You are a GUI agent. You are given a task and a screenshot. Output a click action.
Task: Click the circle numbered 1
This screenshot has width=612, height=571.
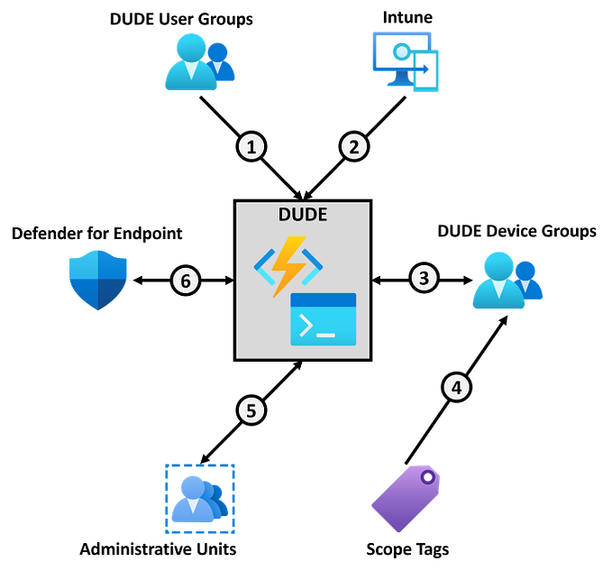pyautogui.click(x=251, y=146)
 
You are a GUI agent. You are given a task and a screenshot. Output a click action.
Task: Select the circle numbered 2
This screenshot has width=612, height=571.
pyautogui.click(x=353, y=146)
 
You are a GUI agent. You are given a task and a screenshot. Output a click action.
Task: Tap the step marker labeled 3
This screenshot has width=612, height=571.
pyautogui.click(x=424, y=278)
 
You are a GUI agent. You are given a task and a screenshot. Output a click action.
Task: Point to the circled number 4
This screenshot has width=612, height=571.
pyautogui.click(x=457, y=388)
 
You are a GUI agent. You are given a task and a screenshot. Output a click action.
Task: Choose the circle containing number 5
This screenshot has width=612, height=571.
pyautogui.click(x=251, y=411)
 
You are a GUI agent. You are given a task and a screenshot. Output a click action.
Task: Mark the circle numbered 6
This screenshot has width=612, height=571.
pyautogui.click(x=186, y=281)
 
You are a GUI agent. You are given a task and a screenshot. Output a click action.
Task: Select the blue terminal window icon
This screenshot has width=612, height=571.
pyautogui.click(x=323, y=319)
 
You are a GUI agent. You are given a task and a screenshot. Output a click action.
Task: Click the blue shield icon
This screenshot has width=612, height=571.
pyautogui.click(x=97, y=280)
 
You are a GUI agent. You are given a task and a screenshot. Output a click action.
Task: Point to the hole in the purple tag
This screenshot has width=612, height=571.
pyautogui.click(x=427, y=476)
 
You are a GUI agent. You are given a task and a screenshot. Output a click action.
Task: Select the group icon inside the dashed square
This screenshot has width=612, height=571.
pyautogui.click(x=199, y=498)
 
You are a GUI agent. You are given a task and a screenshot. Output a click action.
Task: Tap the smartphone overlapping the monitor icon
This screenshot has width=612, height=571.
pyautogui.click(x=426, y=72)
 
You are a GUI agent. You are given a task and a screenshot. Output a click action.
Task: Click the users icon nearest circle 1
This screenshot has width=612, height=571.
pyautogui.click(x=199, y=61)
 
